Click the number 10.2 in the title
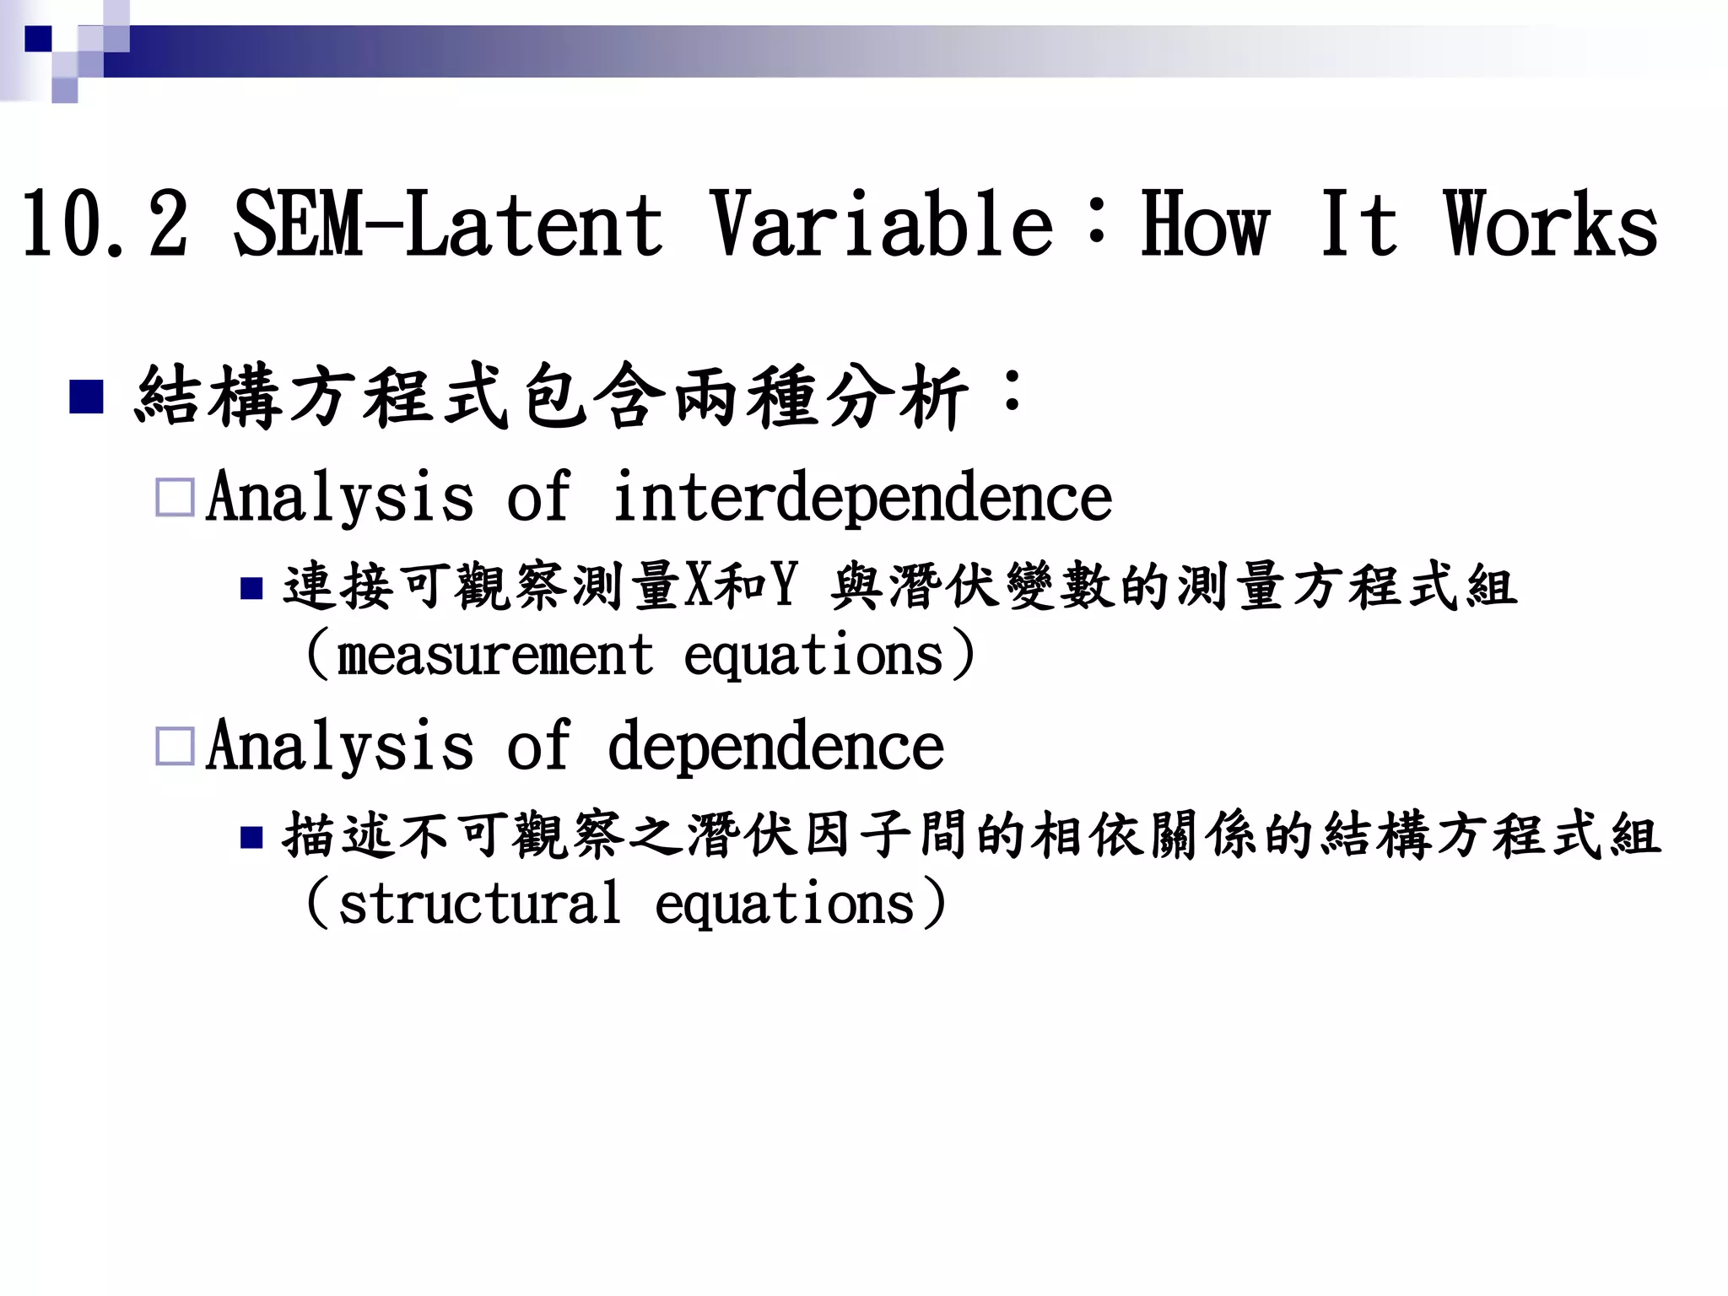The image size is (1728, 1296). pyautogui.click(x=105, y=225)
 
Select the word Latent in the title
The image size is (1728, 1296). pyautogui.click(x=535, y=225)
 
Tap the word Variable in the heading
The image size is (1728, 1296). pyautogui.click(x=881, y=225)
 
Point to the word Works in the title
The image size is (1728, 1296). pyautogui.click(x=1551, y=225)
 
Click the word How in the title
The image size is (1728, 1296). pyautogui.click(x=1205, y=225)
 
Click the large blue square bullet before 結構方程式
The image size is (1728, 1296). pyautogui.click(x=86, y=397)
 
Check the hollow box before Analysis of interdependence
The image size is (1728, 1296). pyautogui.click(x=175, y=498)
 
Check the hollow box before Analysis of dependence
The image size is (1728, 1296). pyautogui.click(x=175, y=747)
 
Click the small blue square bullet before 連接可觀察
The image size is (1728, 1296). pyautogui.click(x=251, y=588)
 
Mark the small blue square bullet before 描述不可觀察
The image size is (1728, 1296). pyautogui.click(x=251, y=837)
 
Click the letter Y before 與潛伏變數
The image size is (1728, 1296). pyautogui.click(x=784, y=586)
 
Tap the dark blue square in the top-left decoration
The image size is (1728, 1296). pyautogui.click(x=38, y=39)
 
